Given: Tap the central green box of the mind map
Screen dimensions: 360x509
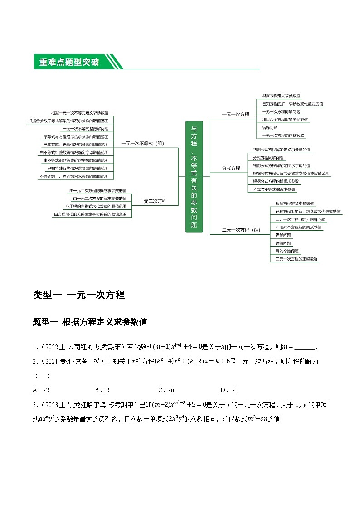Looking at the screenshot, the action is pos(194,176).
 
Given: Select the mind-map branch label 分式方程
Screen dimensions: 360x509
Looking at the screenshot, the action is pos(231,168).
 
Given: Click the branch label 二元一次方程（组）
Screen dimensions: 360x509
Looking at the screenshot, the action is pos(241,230).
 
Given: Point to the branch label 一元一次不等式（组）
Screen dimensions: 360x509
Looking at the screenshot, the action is pos(142,143).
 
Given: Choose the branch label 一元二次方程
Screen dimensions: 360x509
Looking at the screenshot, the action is pos(152,201).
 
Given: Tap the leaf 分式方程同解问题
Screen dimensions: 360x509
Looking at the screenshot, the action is pos(268,157).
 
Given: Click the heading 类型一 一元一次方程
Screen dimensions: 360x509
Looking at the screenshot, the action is pos(79,295).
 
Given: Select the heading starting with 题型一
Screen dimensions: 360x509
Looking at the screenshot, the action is pos(90,322).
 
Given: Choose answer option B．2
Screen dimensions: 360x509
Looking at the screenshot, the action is pos(102,390).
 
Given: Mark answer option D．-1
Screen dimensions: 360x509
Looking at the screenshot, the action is pos(229,390).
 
